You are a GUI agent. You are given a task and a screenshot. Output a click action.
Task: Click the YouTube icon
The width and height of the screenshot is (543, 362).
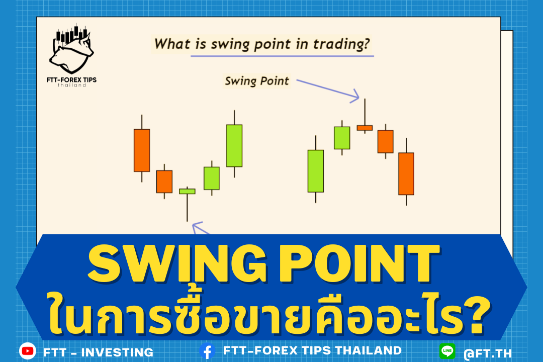click(x=28, y=351)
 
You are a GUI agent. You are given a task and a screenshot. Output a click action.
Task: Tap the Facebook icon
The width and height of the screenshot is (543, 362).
click(x=208, y=351)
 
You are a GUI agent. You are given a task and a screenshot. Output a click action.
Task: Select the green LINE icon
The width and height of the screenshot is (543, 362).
click(x=447, y=351)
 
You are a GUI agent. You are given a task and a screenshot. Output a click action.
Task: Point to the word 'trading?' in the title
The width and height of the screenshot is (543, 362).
click(x=341, y=44)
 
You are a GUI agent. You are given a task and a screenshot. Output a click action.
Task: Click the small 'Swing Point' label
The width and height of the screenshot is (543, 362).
click(x=257, y=81)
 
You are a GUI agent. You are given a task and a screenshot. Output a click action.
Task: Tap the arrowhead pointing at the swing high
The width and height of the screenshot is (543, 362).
click(x=355, y=96)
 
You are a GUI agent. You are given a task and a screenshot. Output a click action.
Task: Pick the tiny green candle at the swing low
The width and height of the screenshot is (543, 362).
click(x=187, y=191)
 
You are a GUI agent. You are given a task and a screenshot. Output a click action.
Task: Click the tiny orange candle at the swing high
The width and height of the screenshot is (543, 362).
click(x=365, y=128)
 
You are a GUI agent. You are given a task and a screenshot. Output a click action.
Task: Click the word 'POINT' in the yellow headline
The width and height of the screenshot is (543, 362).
click(x=359, y=263)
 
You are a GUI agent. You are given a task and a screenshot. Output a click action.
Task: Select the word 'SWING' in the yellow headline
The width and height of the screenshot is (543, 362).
click(x=177, y=263)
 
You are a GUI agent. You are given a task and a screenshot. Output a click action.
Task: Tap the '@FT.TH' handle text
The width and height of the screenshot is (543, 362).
click(x=488, y=353)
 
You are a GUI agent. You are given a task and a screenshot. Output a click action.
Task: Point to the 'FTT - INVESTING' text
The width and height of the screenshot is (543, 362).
click(x=99, y=352)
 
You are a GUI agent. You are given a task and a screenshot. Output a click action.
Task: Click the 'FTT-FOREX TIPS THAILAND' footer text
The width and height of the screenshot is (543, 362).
click(x=312, y=350)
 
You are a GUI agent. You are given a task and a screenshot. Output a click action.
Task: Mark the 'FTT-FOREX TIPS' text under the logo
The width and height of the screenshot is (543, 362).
click(x=72, y=79)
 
